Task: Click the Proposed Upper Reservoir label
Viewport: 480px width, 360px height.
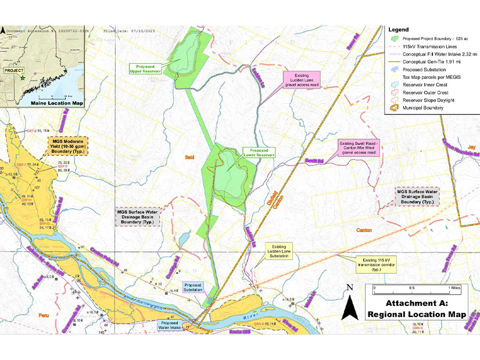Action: [x=144, y=69]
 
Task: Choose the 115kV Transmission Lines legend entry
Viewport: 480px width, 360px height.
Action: [x=433, y=46]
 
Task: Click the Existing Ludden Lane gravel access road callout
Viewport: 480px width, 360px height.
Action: [x=302, y=78]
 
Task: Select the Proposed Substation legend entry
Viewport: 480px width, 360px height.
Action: [x=427, y=69]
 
